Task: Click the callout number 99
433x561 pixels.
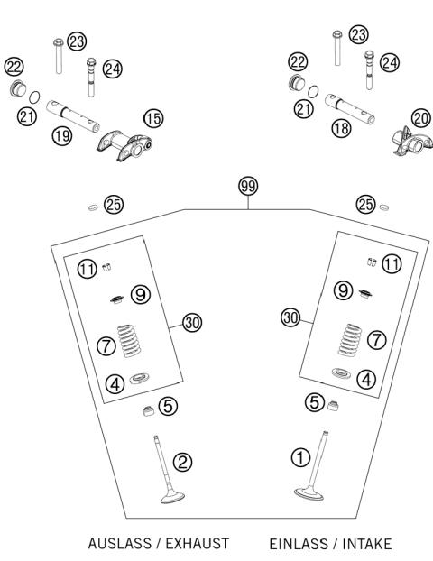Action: pos(246,186)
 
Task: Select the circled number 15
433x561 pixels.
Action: pos(154,118)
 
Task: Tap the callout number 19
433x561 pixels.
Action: pos(61,136)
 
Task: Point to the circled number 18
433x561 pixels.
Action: pos(340,129)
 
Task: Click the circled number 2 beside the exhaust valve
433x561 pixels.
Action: pos(182,463)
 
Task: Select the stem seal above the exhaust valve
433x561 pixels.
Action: pos(146,412)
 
